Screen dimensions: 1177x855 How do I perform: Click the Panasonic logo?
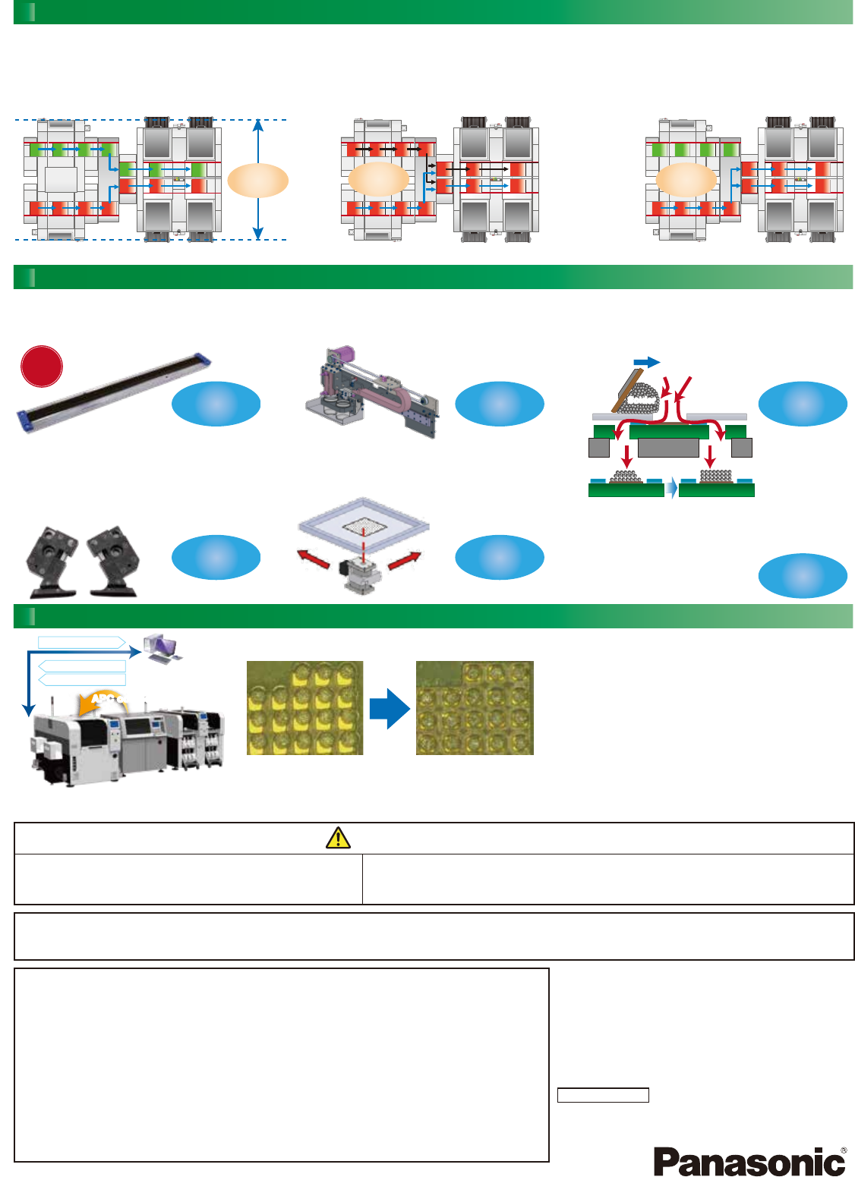(749, 1162)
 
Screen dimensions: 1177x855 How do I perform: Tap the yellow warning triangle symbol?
(338, 838)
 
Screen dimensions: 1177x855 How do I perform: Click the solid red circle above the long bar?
(41, 366)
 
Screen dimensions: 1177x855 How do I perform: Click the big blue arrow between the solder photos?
(390, 709)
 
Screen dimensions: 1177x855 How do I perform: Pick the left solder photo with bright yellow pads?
(304, 708)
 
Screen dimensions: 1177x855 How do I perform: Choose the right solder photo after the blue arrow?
(475, 708)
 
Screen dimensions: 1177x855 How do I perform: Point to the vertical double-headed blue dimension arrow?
(259, 179)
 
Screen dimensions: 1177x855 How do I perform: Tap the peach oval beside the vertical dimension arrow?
(257, 181)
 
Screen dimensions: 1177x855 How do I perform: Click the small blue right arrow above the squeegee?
(646, 363)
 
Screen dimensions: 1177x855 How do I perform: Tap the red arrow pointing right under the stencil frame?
(404, 559)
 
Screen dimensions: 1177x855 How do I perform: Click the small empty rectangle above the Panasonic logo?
(603, 1095)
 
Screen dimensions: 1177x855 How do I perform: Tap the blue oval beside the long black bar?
(216, 404)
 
